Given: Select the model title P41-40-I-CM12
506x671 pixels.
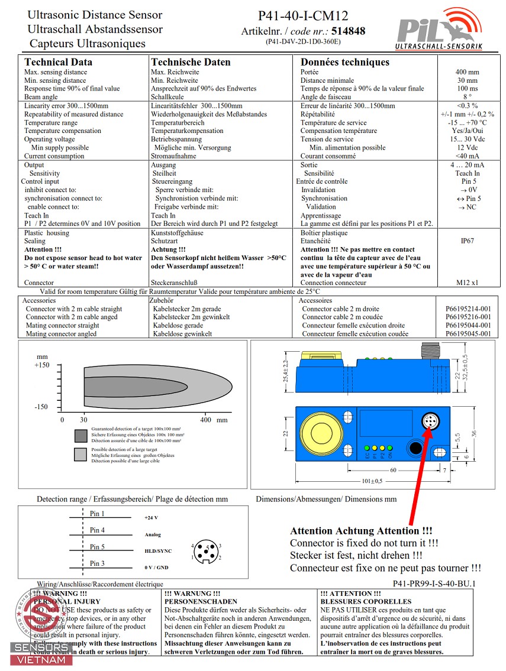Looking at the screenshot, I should [x=303, y=16].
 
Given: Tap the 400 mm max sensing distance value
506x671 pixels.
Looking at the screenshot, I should [x=467, y=72].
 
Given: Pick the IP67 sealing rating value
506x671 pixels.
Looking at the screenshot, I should [x=468, y=241].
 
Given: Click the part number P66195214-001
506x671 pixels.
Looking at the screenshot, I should [x=468, y=309].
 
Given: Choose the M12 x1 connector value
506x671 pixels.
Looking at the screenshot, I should [x=468, y=283].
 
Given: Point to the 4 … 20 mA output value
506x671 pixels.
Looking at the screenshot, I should [x=467, y=165].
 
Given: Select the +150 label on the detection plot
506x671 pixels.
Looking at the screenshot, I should [x=41, y=365].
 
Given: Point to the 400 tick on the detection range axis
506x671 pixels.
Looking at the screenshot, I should [x=205, y=420].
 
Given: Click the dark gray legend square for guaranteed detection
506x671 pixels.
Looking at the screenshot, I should [x=80, y=436].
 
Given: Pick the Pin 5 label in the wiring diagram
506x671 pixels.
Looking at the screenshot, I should [x=97, y=547].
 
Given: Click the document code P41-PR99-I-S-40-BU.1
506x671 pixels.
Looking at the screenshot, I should [x=434, y=584].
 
